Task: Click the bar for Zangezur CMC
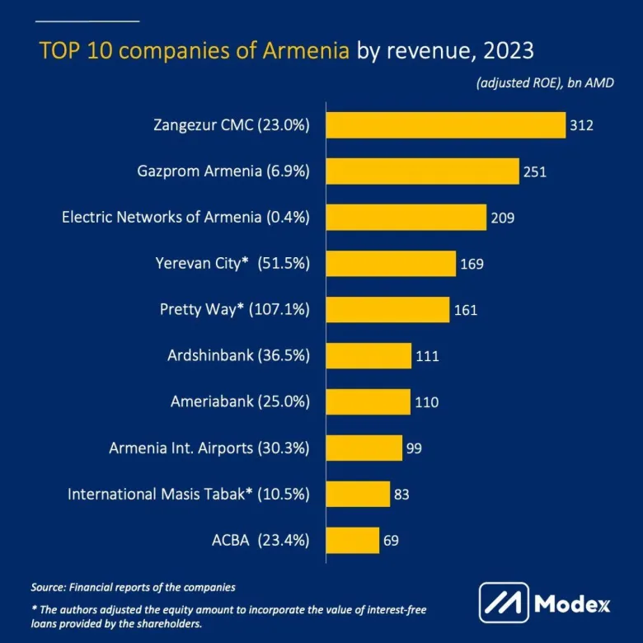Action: [x=446, y=125]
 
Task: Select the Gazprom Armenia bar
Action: [x=423, y=171]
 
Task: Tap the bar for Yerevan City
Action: [x=391, y=264]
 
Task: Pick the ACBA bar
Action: [x=353, y=541]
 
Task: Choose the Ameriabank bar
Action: [x=368, y=402]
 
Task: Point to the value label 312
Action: [x=581, y=125]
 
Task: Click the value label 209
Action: [x=502, y=218]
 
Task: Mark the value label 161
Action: [x=465, y=310]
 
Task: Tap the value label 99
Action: [x=415, y=448]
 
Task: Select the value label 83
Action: [x=401, y=495]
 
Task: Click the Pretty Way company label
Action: [x=234, y=310]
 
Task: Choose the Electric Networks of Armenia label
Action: [x=185, y=218]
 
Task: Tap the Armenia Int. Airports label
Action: [x=209, y=448]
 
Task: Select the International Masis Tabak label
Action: [x=188, y=495]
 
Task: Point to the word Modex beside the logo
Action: [x=572, y=603]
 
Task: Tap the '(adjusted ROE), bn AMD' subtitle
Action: [x=544, y=83]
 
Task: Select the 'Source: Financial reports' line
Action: [x=133, y=588]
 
